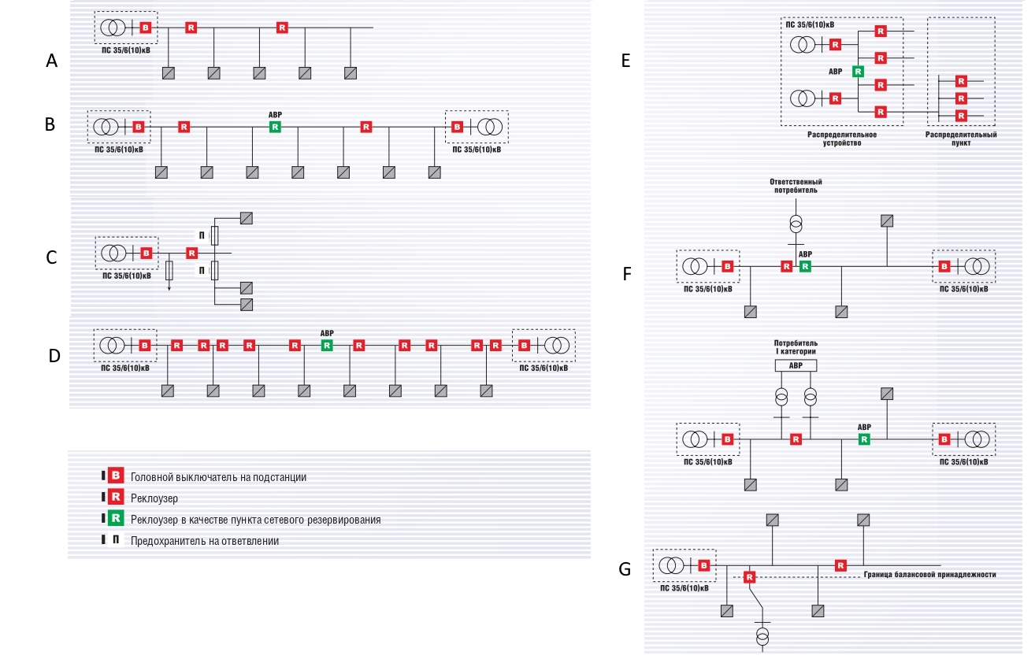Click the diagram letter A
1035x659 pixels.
point(51,61)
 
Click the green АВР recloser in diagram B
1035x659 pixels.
point(275,127)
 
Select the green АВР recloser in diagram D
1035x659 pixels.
point(327,345)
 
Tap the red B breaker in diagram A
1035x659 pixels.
point(145,28)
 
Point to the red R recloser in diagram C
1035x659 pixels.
point(191,253)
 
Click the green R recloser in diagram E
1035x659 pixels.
point(858,72)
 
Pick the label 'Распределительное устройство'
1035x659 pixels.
point(842,139)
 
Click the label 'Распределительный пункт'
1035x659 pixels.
point(961,139)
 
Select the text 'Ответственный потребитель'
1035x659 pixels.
point(796,186)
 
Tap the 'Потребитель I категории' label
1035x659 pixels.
point(796,346)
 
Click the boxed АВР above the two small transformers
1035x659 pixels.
point(796,366)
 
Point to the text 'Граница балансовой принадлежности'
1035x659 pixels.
point(929,575)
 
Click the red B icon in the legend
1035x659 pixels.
point(116,476)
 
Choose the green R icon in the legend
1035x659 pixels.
point(116,518)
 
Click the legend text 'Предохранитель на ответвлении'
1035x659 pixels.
point(205,541)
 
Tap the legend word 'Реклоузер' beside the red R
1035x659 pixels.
point(154,498)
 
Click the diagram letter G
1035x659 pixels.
point(625,569)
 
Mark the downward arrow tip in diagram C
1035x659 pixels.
point(169,290)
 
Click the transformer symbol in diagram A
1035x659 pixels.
point(113,28)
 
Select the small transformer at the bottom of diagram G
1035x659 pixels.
point(762,636)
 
